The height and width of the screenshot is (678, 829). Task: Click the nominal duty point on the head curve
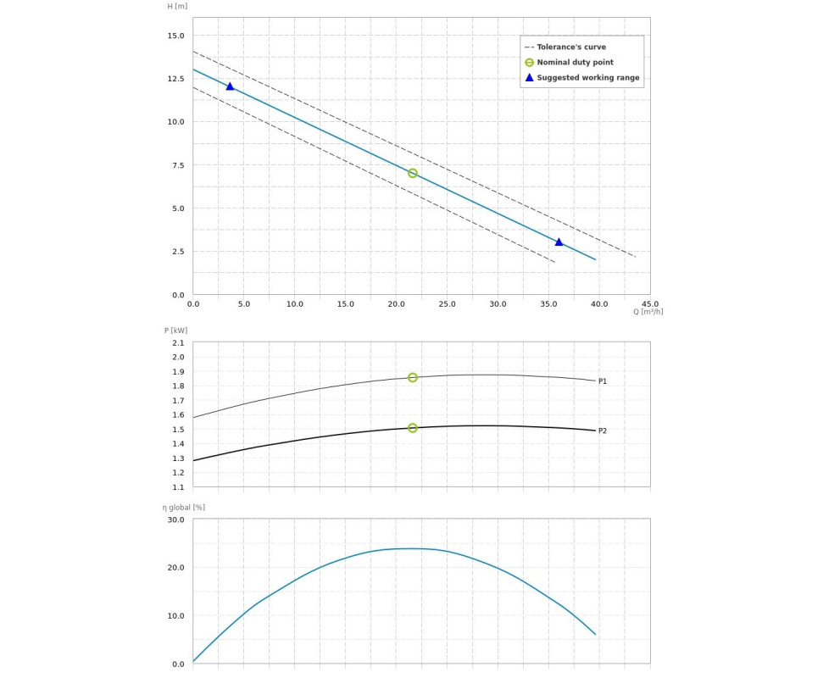pos(413,173)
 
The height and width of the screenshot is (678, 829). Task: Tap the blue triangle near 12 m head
pos(230,86)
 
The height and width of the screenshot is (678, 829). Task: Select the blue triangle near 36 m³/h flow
pos(559,242)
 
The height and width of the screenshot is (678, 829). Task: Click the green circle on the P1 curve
pos(413,377)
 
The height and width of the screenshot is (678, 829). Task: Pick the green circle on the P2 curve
pos(413,428)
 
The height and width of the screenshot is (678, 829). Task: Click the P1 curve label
pos(603,381)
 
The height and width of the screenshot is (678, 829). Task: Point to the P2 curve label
pos(603,431)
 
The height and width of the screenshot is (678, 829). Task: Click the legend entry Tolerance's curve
pos(571,47)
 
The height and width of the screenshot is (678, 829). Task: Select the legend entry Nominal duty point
pos(575,63)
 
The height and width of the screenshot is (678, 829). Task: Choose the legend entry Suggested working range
pos(587,78)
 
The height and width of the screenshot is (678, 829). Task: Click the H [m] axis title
pos(177,7)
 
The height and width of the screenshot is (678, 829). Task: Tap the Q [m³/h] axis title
pos(648,312)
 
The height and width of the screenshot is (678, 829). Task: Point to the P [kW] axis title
pos(175,331)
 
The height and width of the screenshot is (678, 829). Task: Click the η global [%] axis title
pos(184,508)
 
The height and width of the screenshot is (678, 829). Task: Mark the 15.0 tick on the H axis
pos(175,36)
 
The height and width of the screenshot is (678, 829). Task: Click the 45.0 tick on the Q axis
pos(650,303)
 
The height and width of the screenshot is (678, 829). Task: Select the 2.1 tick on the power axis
pos(178,342)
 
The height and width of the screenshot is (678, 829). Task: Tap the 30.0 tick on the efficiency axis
pos(175,520)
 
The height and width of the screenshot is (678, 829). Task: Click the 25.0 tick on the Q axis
pos(447,303)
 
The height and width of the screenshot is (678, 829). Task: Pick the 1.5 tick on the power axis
pos(178,430)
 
